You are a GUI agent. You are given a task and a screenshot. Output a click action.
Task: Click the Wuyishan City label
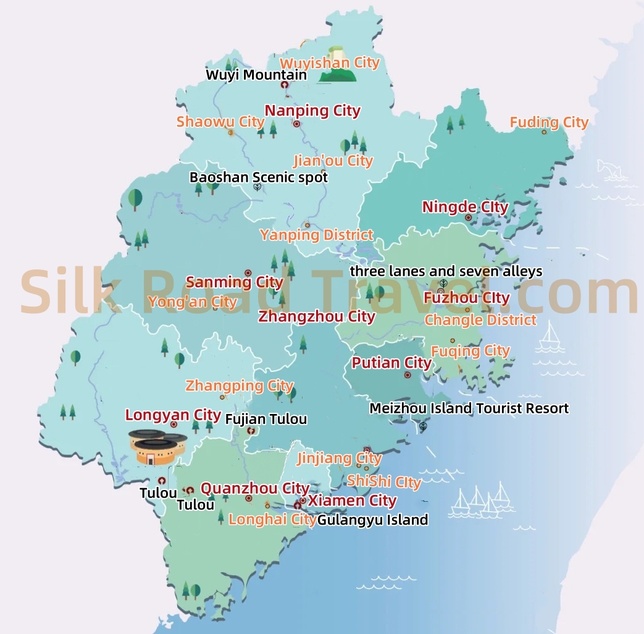pyautogui.click(x=330, y=63)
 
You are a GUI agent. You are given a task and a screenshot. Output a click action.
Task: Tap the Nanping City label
pyautogui.click(x=312, y=111)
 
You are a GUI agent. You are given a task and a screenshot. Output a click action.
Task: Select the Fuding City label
pyautogui.click(x=549, y=122)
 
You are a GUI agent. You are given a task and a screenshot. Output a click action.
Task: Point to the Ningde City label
pyautogui.click(x=465, y=207)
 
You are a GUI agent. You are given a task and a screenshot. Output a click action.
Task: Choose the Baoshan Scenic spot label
pyautogui.click(x=259, y=177)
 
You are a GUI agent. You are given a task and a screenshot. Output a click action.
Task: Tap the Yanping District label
pyautogui.click(x=317, y=235)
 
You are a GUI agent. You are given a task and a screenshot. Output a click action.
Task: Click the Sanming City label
pyautogui.click(x=235, y=282)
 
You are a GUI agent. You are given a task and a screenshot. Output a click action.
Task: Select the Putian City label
pyautogui.click(x=391, y=363)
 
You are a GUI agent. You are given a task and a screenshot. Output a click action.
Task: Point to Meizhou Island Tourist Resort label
pyautogui.click(x=469, y=408)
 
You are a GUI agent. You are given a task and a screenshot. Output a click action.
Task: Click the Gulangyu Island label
pyautogui.click(x=372, y=520)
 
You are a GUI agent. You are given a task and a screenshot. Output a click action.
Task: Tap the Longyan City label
pyautogui.click(x=173, y=415)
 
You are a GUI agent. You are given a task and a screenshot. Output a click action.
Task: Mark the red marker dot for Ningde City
pyautogui.click(x=468, y=218)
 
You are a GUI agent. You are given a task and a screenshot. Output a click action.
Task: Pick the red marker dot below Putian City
pyautogui.click(x=408, y=375)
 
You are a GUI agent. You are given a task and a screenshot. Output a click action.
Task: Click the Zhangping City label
pyautogui.click(x=231, y=386)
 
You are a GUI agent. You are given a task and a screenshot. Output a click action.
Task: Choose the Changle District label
pyautogui.click(x=480, y=320)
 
